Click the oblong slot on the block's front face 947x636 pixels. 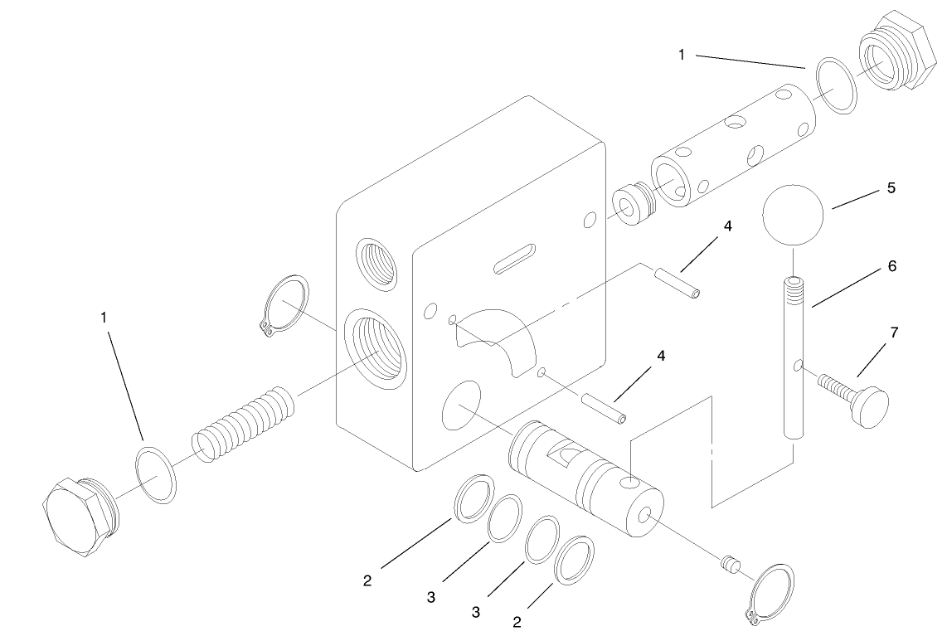coord(516,257)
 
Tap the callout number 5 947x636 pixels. coord(891,188)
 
